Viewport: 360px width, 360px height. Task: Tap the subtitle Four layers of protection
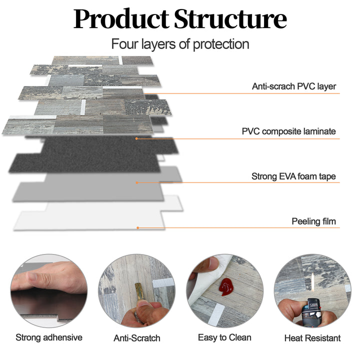click(180, 44)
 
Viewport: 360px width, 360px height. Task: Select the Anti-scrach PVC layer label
click(294, 86)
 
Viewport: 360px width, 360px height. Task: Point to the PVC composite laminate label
click(289, 132)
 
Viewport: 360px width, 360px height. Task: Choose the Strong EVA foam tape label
click(293, 176)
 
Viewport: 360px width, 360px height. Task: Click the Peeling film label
click(314, 221)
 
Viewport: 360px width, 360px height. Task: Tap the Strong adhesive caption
click(48, 337)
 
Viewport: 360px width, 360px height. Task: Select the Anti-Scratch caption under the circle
click(137, 338)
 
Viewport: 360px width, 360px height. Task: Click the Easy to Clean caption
click(224, 337)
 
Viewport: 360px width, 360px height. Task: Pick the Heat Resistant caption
click(312, 338)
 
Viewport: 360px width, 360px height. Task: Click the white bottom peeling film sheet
click(90, 217)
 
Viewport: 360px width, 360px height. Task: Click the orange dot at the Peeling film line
click(137, 228)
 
